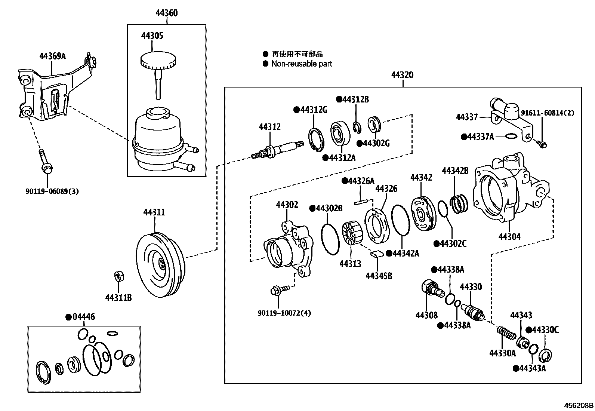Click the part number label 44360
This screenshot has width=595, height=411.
166,13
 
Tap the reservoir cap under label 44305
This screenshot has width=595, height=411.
157,60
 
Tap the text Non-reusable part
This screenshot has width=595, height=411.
301,64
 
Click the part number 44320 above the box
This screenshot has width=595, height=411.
402,75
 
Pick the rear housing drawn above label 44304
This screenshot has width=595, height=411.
508,191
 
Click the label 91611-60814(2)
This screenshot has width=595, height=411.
553,112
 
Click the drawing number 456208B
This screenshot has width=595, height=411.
579,405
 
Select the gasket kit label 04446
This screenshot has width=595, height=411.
83,317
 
